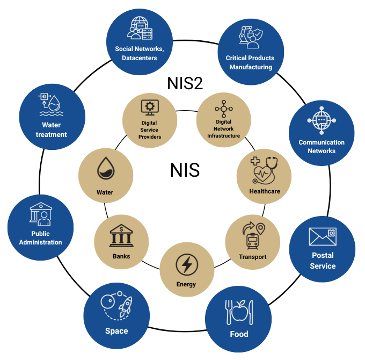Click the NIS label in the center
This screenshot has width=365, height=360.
pos(185,170)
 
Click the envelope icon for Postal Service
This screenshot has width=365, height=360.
pos(322,236)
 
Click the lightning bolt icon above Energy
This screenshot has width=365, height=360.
pos(187,264)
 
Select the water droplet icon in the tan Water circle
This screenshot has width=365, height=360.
pos(105,171)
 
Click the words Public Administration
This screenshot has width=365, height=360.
pos(40,238)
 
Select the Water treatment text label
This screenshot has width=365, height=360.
pos(52,130)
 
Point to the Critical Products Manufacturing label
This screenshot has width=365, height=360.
pos(251,62)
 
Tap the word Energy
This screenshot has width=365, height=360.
pos(186,284)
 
